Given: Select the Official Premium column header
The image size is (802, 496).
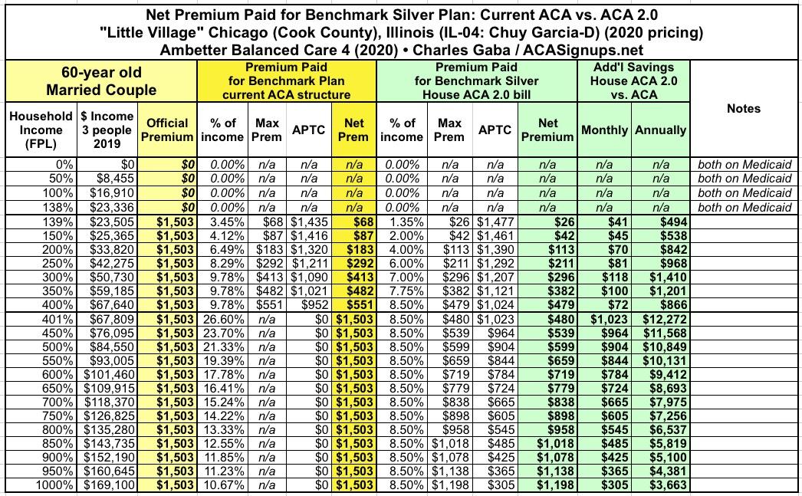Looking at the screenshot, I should tap(167, 130).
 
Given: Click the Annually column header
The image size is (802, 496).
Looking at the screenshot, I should tap(660, 130).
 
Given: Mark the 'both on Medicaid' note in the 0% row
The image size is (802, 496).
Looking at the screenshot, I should tap(744, 164).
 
